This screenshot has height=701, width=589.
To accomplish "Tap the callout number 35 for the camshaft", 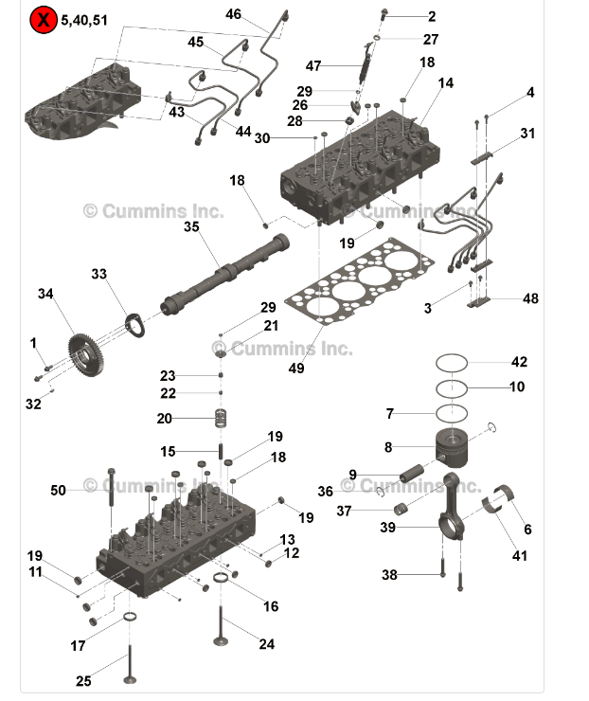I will [191, 227].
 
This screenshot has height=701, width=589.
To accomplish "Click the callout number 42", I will [519, 362].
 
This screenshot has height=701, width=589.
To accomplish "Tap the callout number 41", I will [520, 556].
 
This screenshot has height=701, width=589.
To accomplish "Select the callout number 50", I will [59, 490].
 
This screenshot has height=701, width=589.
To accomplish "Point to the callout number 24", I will [267, 644].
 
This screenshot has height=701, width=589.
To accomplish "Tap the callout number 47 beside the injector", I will [313, 66].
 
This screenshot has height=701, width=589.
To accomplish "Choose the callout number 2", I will [432, 16].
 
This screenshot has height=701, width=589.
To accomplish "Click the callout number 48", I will [530, 298].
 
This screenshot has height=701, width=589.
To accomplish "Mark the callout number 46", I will [234, 14].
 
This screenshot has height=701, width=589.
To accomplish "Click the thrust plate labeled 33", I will [136, 320].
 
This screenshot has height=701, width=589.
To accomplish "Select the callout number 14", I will [446, 83].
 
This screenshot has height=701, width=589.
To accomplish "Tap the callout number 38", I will [389, 575].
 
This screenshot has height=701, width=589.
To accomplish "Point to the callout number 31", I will [527, 133].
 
